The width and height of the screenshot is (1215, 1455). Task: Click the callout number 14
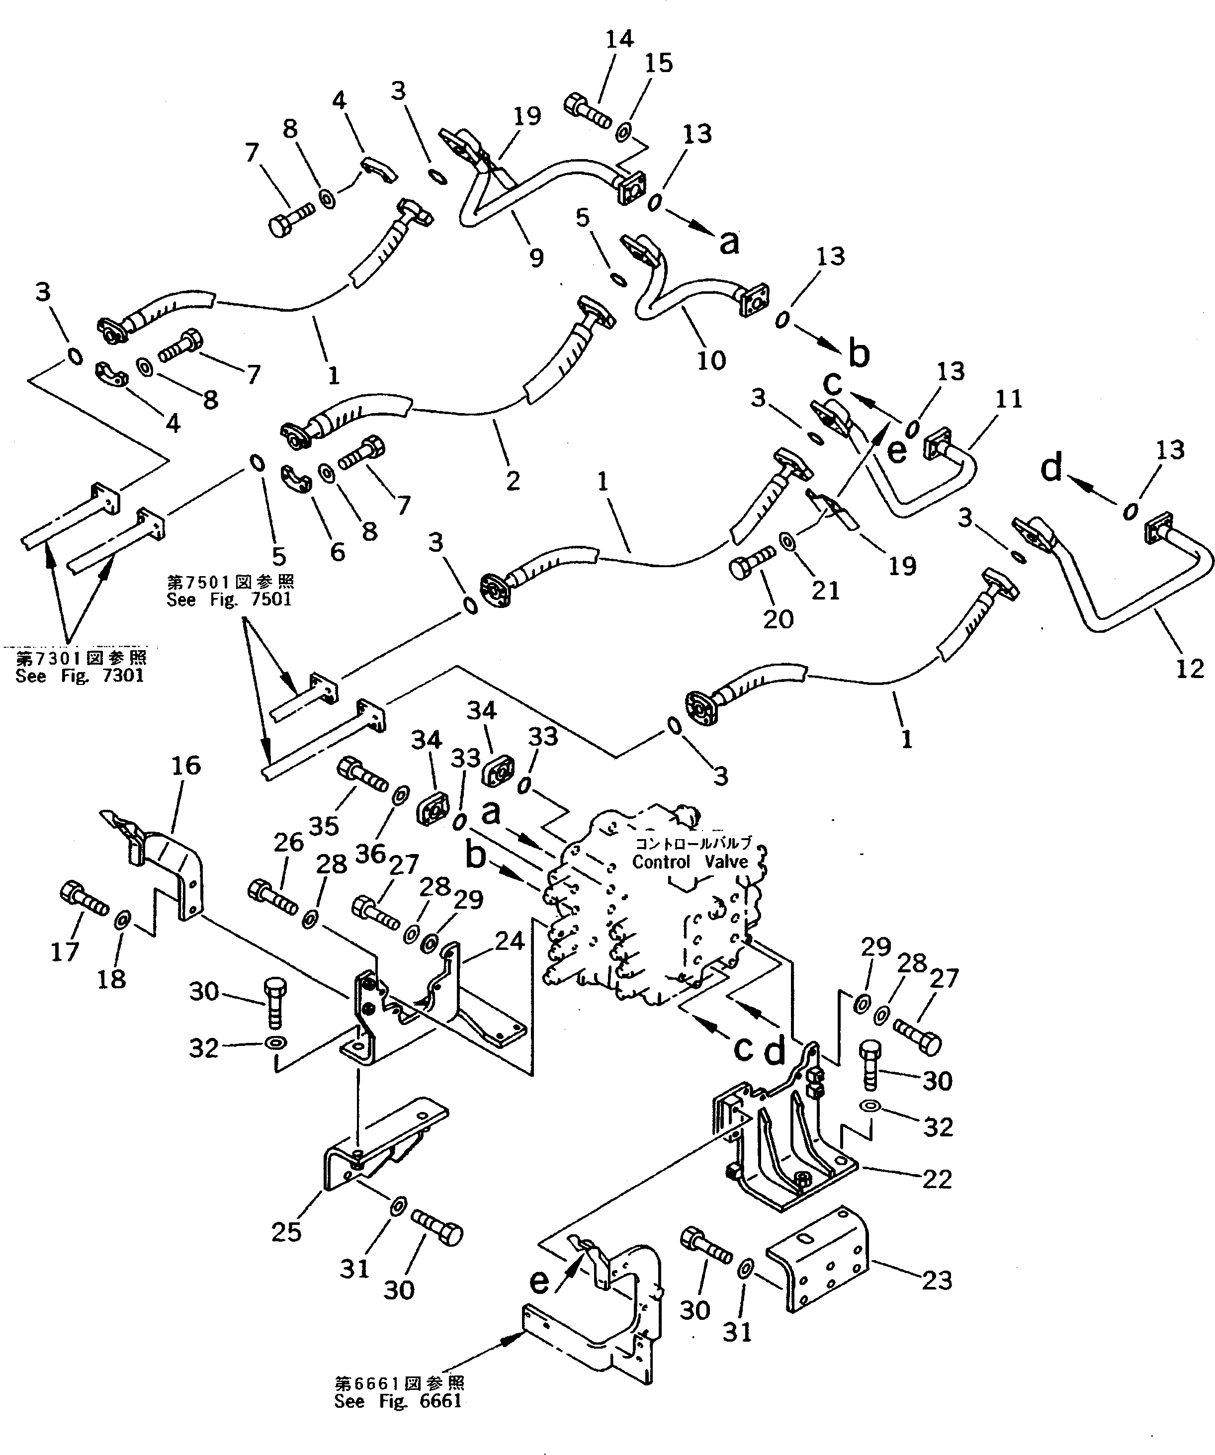619,39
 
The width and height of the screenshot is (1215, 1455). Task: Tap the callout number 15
658,63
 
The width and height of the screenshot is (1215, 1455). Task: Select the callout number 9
536,257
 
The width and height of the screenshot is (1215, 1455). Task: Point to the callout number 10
711,359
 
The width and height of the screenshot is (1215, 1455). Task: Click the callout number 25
286,1231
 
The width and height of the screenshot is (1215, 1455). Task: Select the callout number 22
937,1179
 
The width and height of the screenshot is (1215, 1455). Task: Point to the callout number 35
323,825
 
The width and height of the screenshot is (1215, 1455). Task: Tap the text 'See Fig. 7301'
80,676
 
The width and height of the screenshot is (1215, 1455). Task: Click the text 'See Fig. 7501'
229,599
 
